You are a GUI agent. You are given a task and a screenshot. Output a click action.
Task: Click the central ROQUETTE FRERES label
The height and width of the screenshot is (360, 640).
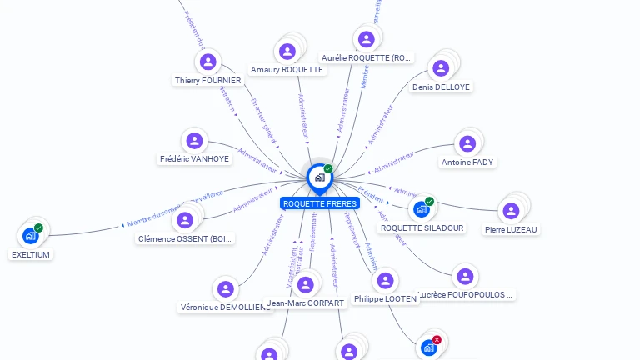320,203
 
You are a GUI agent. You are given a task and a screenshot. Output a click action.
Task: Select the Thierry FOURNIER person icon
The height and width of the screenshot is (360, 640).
207,62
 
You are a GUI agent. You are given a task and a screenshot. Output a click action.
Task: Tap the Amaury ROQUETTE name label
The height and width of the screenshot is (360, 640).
287,70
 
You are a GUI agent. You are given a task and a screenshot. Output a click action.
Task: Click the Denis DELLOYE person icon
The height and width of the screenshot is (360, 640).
441,68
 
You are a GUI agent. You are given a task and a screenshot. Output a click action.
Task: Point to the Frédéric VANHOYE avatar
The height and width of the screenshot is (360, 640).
194,141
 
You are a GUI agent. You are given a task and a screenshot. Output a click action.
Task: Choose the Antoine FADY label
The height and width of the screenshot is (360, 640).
467,162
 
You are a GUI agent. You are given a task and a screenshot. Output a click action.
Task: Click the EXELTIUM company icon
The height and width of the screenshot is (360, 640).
31,236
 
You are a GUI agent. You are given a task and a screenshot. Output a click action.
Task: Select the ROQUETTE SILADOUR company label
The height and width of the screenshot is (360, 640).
422,227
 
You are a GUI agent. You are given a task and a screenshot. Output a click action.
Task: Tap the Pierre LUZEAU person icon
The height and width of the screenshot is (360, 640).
510,212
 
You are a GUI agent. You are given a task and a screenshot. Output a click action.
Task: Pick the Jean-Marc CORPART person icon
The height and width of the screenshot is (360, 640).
305,285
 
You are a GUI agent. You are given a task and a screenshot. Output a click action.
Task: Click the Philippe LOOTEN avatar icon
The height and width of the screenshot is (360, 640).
385,281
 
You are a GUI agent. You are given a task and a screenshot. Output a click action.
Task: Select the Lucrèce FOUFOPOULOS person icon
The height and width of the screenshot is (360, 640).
465,276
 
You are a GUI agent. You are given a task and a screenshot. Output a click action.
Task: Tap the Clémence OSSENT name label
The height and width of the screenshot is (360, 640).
185,239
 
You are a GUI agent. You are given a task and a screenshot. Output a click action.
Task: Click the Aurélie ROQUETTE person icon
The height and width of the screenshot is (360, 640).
366,39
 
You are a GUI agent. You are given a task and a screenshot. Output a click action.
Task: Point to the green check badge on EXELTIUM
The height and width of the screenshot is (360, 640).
38,227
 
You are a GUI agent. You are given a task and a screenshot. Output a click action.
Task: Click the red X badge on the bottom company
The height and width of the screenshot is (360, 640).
436,340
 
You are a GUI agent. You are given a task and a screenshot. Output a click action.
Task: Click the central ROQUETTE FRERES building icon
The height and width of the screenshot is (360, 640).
319,177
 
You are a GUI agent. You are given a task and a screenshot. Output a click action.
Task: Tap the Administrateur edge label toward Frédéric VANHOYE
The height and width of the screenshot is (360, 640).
258,160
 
